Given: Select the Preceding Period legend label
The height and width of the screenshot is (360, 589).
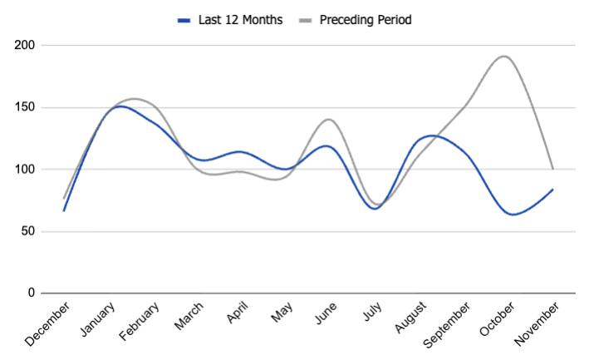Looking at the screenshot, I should (366, 20).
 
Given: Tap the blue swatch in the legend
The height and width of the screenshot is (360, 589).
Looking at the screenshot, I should (184, 20).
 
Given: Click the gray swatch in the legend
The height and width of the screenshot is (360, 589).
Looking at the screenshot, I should (308, 20).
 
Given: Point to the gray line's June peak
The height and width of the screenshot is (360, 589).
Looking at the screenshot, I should (329, 119).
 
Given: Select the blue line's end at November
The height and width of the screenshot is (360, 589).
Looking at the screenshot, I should (552, 190).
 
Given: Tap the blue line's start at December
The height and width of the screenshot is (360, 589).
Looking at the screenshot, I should (64, 210).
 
